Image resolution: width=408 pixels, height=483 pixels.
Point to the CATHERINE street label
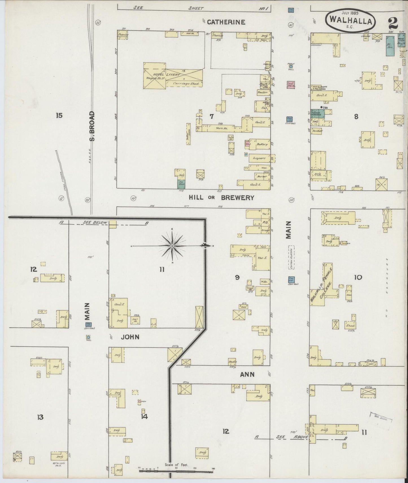pyautogui.click(x=226, y=22)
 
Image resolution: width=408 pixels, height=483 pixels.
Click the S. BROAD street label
pyautogui.click(x=92, y=126)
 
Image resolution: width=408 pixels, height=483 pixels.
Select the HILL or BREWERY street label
pyautogui.click(x=221, y=198)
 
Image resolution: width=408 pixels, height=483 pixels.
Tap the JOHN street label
pyautogui.click(x=130, y=337)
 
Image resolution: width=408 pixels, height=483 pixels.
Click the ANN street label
pyautogui.click(x=247, y=374)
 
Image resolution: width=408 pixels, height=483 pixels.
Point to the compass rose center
pyautogui.click(x=172, y=246)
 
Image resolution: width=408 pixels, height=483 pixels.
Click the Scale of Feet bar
pyautogui.click(x=176, y=471)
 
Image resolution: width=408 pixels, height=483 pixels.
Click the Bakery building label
pyautogui.click(x=262, y=144)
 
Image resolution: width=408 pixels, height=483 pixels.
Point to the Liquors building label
pyautogui.click(x=259, y=158)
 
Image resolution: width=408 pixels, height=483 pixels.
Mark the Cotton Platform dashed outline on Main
pyautogui.click(x=291, y=257)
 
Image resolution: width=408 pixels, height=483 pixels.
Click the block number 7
pyautogui.click(x=211, y=116)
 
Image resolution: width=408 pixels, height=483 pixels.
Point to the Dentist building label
pyautogui.click(x=318, y=131)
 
